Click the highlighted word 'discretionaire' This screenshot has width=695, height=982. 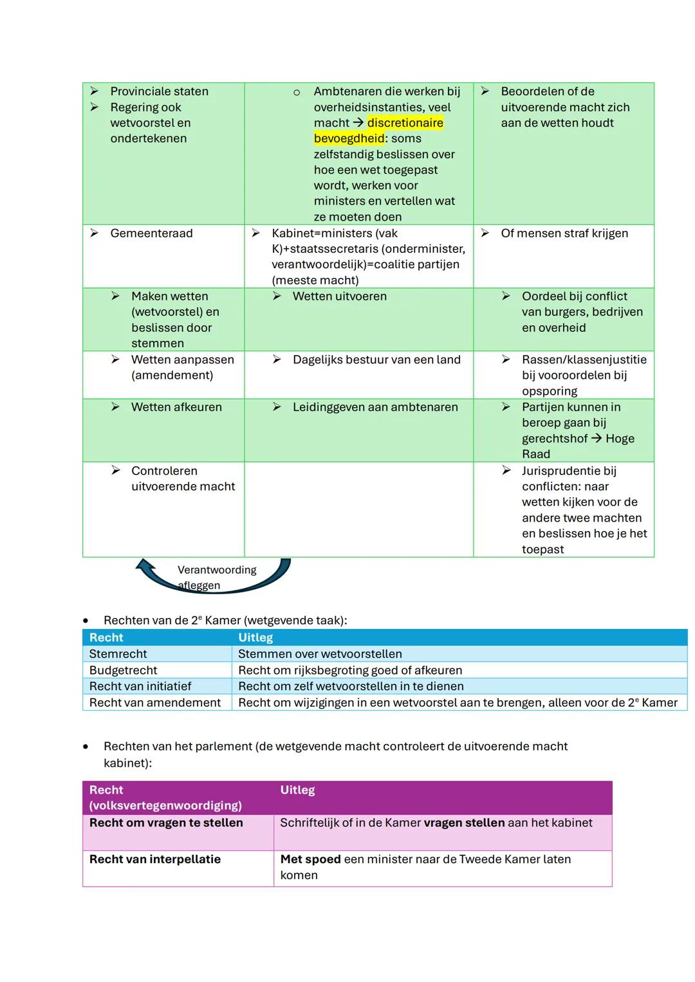(x=405, y=123)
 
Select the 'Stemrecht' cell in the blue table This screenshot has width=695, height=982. (x=118, y=654)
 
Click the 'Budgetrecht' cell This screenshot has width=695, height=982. (x=123, y=670)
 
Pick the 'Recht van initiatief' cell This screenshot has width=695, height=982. (x=140, y=686)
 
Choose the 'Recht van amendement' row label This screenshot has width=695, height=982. (x=154, y=703)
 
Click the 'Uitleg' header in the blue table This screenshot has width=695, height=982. (x=255, y=637)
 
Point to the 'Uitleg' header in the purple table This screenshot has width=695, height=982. (x=297, y=790)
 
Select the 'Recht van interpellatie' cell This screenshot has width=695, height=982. (x=155, y=859)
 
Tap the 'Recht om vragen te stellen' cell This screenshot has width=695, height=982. (x=166, y=823)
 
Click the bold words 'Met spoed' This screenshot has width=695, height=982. (x=310, y=859)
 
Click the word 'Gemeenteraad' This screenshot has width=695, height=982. (x=151, y=233)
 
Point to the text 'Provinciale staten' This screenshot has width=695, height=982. (x=159, y=91)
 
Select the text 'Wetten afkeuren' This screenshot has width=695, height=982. (x=176, y=407)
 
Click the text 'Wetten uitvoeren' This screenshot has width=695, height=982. (x=340, y=296)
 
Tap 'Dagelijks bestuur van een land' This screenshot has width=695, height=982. (x=376, y=359)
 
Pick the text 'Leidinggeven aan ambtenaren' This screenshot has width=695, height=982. (x=375, y=407)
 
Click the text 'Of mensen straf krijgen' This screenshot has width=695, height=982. (x=564, y=233)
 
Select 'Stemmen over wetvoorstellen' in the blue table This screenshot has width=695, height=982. (x=320, y=654)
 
